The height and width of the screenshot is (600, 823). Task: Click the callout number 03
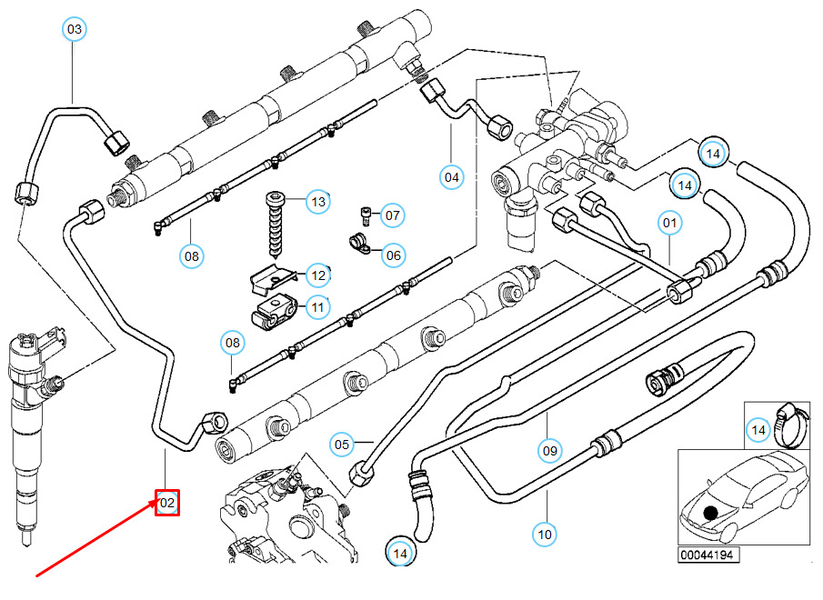[75, 30]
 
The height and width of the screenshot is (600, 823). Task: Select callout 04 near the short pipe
[452, 176]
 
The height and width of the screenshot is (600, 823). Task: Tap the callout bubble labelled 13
[316, 202]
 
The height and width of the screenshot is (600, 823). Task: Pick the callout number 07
[392, 216]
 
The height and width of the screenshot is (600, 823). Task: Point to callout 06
[393, 255]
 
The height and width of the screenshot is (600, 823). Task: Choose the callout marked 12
[317, 275]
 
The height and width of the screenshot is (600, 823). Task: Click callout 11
[316, 308]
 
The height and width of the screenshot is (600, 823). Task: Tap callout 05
[342, 445]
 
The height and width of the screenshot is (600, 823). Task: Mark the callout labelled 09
[548, 449]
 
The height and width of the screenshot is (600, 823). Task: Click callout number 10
[545, 535]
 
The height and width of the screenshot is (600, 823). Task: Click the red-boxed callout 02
[167, 502]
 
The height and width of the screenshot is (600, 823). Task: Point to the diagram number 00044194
[708, 553]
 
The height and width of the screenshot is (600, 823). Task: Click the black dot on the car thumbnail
[710, 514]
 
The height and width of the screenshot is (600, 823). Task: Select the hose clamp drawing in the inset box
[790, 423]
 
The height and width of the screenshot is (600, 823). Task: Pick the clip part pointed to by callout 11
[272, 313]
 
